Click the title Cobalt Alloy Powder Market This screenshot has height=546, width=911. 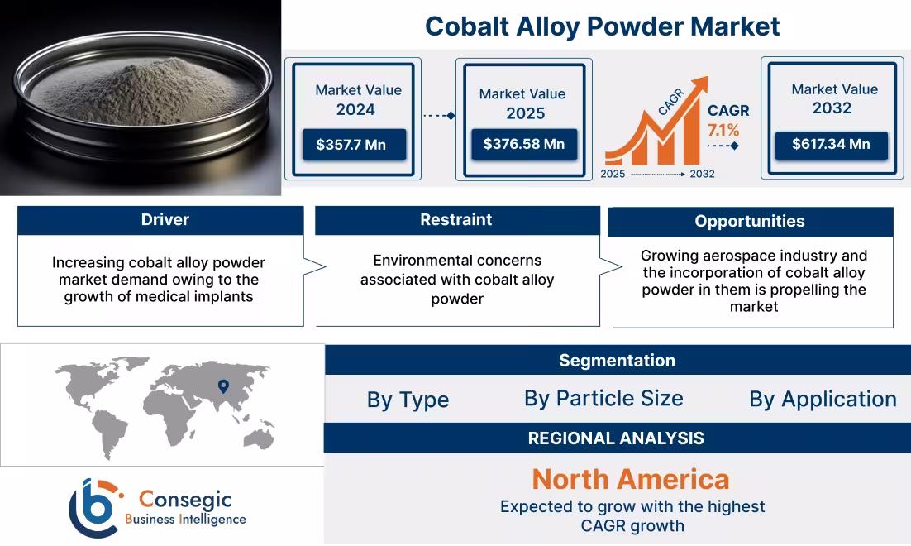tap(602, 26)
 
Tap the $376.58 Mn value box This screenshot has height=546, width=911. tap(523, 145)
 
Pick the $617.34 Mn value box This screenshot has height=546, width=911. tap(831, 145)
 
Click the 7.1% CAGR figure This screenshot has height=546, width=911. tap(723, 131)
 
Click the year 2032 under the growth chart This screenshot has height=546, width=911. tap(701, 174)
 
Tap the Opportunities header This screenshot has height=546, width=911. tap(749, 222)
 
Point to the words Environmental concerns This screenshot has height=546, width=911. tap(457, 261)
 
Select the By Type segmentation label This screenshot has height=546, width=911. tap(408, 400)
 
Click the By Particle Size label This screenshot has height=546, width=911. tap(603, 399)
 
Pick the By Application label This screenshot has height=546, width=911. tap(823, 400)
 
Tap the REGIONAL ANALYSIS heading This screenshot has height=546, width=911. tap(616, 439)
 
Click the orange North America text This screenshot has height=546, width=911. tap(631, 479)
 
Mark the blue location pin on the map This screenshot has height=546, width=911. tap(222, 386)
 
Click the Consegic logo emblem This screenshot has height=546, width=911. tap(94, 507)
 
